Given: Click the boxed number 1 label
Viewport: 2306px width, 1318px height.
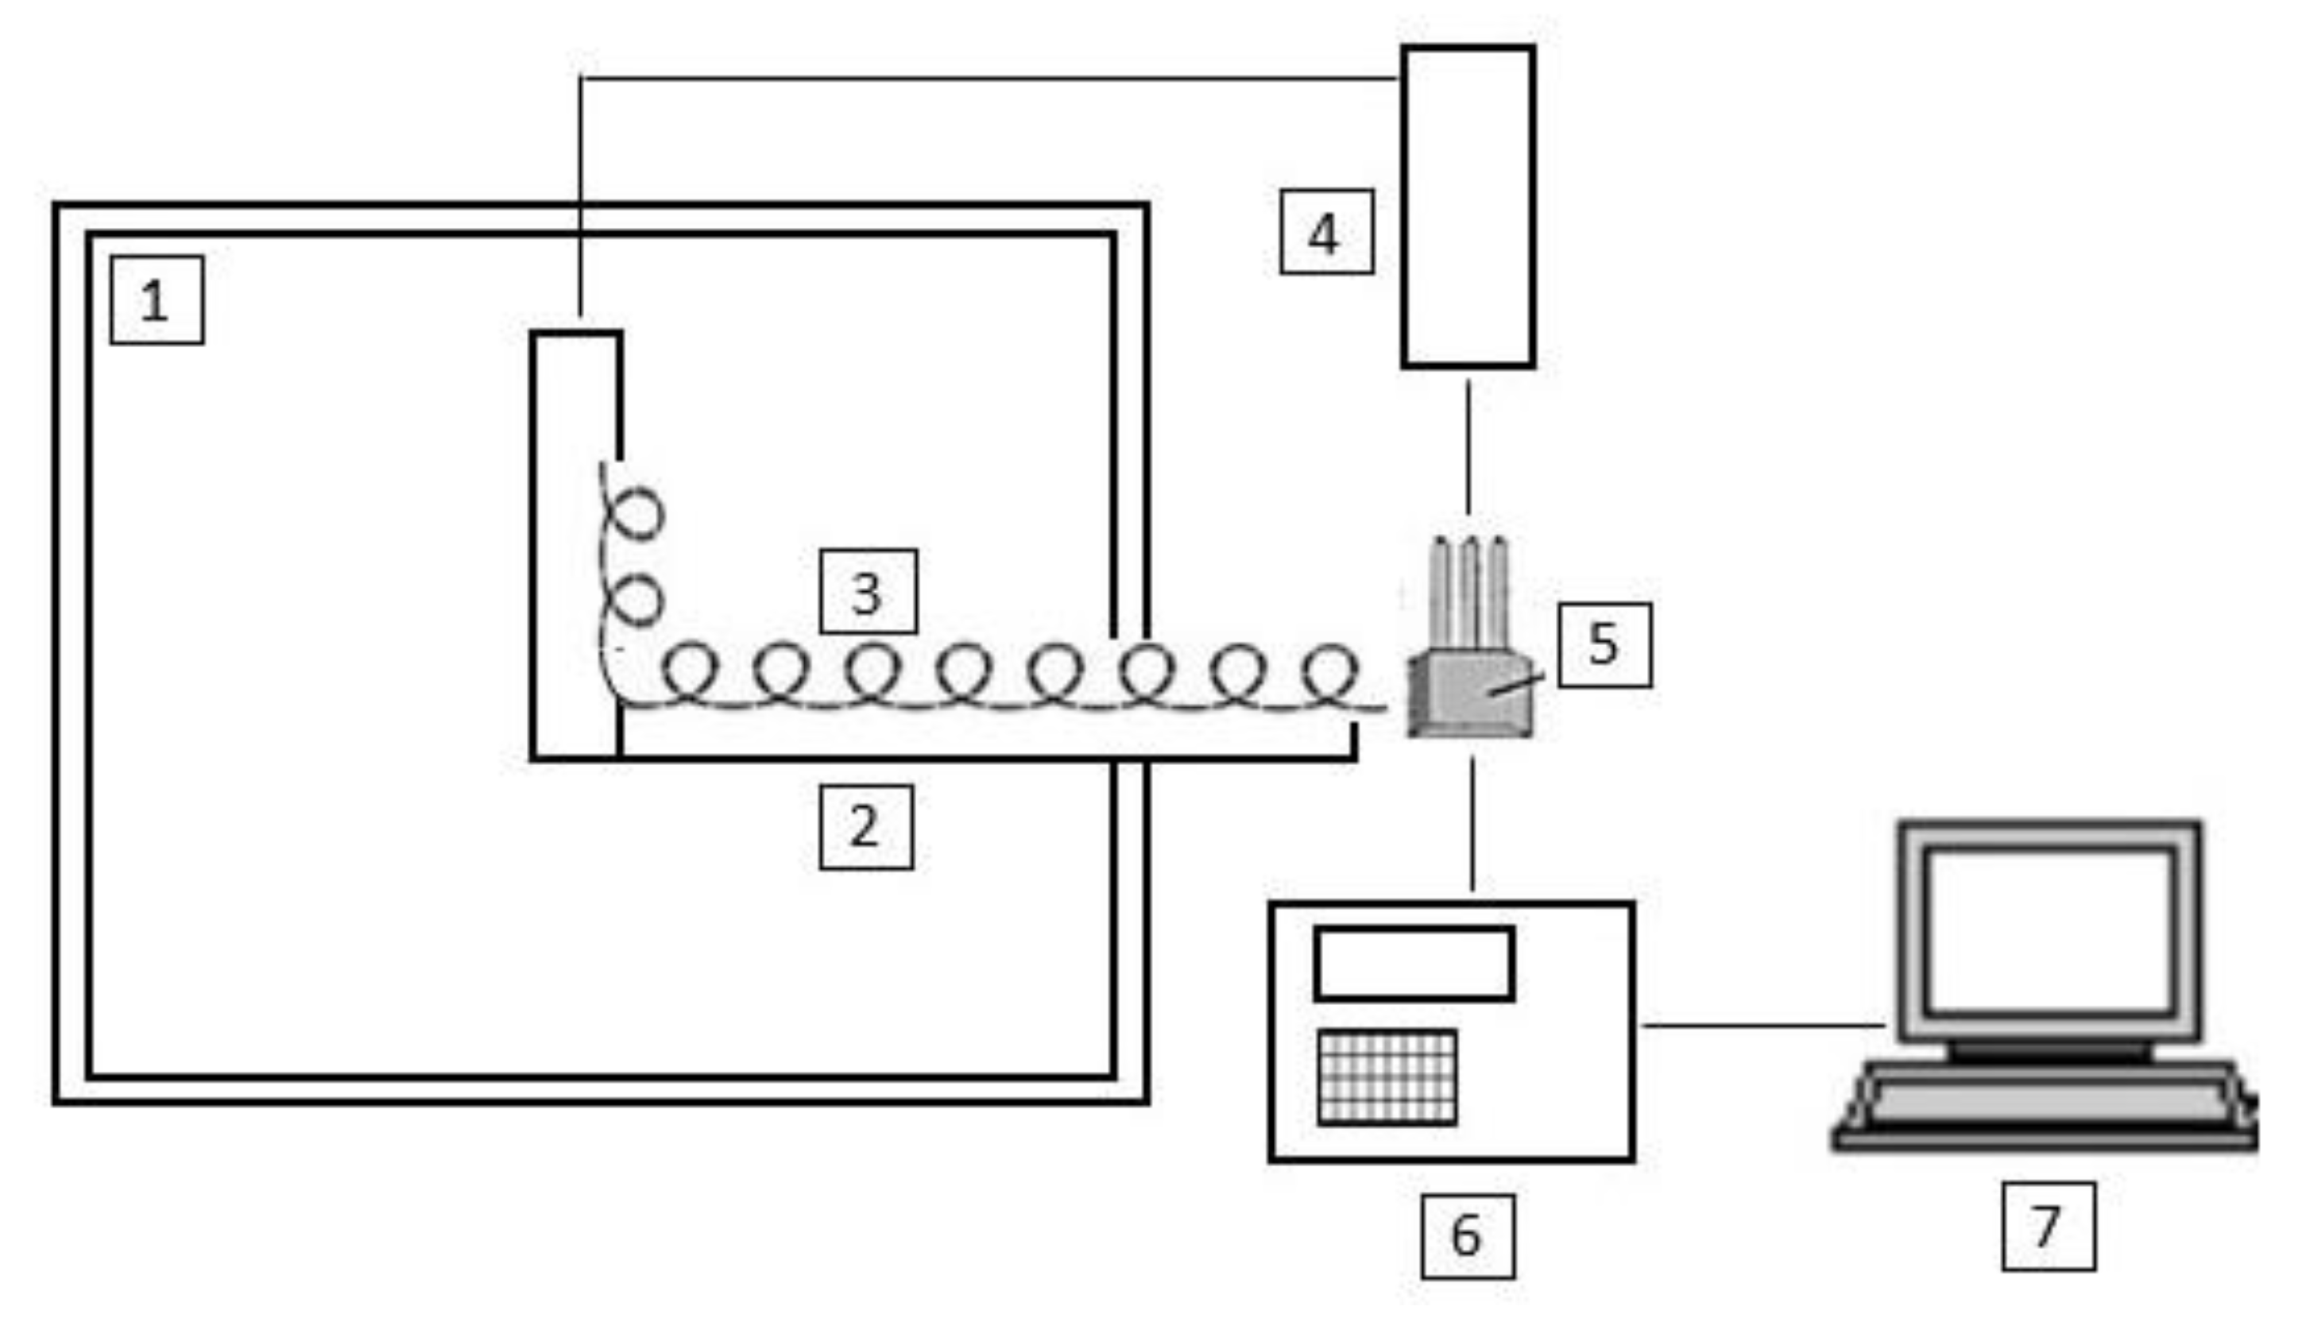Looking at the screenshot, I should point(157,300).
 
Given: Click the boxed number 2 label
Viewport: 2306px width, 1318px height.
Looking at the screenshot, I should point(865,826).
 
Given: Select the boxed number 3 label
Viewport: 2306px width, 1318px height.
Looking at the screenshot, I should point(868,592).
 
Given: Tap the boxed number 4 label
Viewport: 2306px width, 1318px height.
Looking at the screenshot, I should point(1326,233).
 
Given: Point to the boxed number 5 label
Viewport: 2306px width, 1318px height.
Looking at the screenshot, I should point(1604,644).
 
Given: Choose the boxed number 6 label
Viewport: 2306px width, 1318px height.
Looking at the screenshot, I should point(1467,1235).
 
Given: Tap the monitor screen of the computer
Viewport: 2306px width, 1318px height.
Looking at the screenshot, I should point(2048,930).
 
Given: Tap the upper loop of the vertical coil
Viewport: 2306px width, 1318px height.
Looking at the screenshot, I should point(638,514).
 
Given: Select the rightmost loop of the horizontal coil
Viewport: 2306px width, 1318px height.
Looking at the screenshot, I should point(1330,671).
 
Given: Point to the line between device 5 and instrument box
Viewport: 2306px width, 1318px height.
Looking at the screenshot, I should point(1471,824).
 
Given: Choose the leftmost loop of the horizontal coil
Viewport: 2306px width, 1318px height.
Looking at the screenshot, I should point(690,671).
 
